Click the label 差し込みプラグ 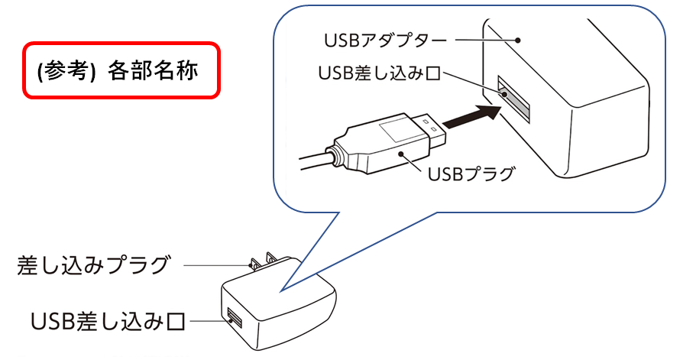tap(93, 265)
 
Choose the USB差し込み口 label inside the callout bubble tap(379, 74)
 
